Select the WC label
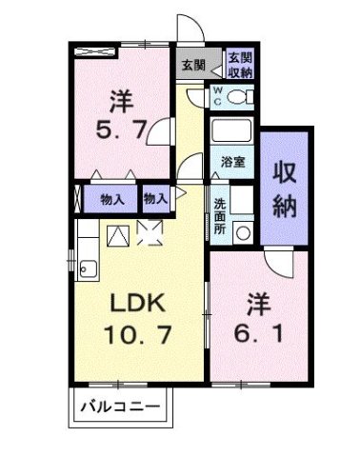pyautogui.click(x=217, y=95)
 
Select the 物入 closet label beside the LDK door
pyautogui.click(x=155, y=199)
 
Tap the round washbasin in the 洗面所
pyautogui.click(x=242, y=230)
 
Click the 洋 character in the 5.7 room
pyautogui.click(x=120, y=98)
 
